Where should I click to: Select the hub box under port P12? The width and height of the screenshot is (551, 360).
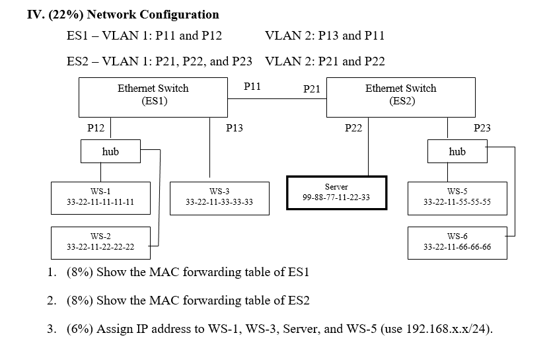coord(110,151)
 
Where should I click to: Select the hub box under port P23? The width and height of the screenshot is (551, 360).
coord(457,151)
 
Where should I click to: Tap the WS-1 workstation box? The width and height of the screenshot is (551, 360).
coord(101,197)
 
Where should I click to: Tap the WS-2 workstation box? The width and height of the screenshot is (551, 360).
coord(100,242)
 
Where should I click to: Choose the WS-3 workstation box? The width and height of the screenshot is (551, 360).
coord(219,197)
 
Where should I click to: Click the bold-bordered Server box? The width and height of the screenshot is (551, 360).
coord(336,192)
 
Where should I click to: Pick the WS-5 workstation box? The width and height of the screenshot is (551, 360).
coord(457,197)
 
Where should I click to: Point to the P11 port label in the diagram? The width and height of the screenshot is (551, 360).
coord(252,86)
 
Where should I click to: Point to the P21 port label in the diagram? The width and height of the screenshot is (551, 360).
coord(312,89)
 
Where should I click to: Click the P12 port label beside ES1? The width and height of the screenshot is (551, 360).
coord(96,128)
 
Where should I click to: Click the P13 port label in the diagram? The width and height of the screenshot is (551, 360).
coord(235,128)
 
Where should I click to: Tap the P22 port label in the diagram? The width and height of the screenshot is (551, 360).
coord(353,128)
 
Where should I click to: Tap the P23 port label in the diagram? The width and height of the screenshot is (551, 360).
coord(482,128)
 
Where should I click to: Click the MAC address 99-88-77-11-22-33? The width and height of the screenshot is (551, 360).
coord(336,198)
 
